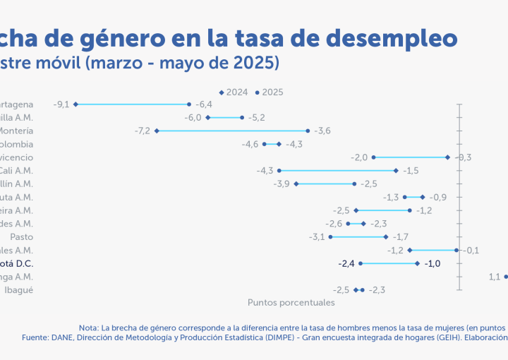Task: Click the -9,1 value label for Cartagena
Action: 61,104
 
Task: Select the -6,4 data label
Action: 204,104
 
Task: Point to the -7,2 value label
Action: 142,131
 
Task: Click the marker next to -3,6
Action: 308,131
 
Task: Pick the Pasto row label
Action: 20,236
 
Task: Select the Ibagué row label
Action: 18,289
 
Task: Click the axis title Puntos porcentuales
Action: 291,302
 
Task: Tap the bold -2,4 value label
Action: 347,263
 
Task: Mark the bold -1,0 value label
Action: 433,263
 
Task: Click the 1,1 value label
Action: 494,277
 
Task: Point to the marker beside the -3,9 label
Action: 296,184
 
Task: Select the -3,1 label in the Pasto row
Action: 316,236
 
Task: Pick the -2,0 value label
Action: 359,157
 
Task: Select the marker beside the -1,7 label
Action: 386,236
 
